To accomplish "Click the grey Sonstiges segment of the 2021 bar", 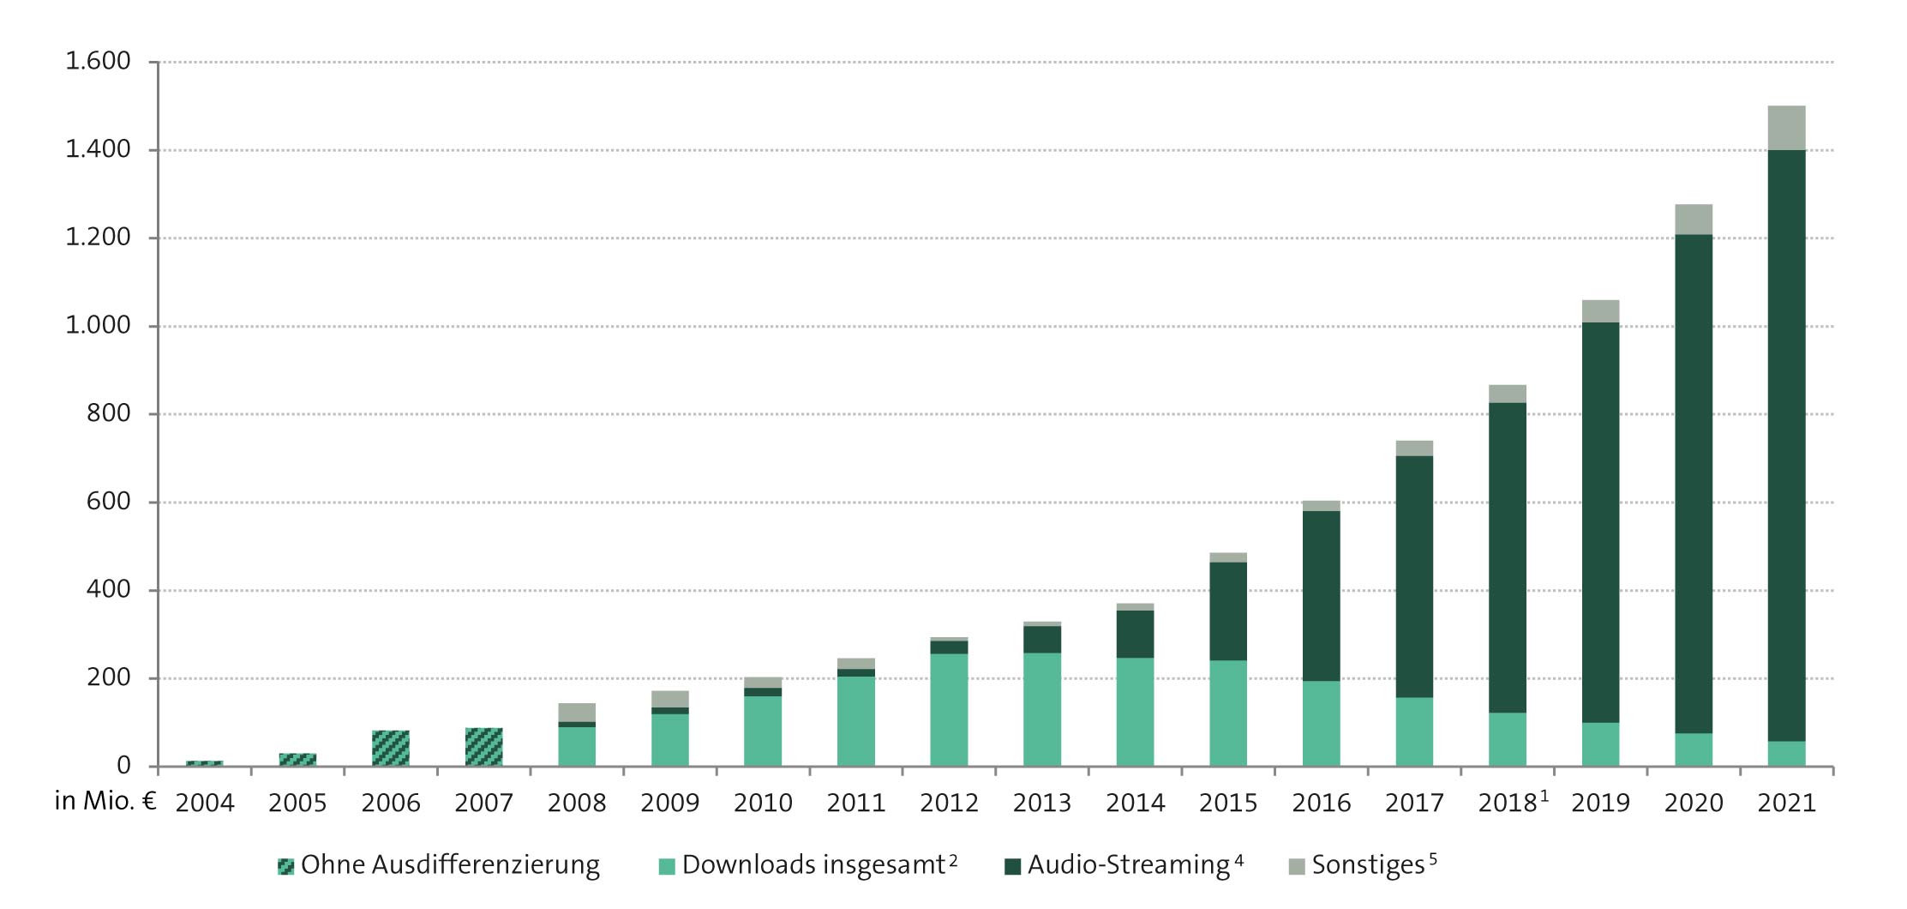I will click(x=1786, y=128).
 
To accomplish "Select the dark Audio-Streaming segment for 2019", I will click(x=1600, y=522).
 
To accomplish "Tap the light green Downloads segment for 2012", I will click(x=949, y=709).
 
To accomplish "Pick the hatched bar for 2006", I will click(x=390, y=748).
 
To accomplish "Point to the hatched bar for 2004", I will click(x=204, y=762).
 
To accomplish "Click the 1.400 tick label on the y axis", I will click(x=98, y=149).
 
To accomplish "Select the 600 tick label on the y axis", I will click(x=108, y=502).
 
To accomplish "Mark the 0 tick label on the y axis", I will click(x=123, y=766).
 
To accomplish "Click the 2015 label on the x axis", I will click(x=1227, y=804).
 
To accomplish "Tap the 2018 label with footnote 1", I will click(x=1512, y=803).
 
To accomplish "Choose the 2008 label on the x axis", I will click(x=576, y=804).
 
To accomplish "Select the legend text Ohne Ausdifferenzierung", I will click(x=450, y=865).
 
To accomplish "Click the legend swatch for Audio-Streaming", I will click(x=1012, y=867).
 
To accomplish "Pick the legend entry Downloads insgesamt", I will click(x=813, y=865).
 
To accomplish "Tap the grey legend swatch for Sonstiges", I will click(x=1297, y=867).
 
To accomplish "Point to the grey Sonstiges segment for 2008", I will click(x=576, y=713).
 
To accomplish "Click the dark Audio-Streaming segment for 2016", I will click(x=1321, y=595).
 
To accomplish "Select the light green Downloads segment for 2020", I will click(x=1693, y=749).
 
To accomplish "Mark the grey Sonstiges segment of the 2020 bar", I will click(x=1693, y=220).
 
